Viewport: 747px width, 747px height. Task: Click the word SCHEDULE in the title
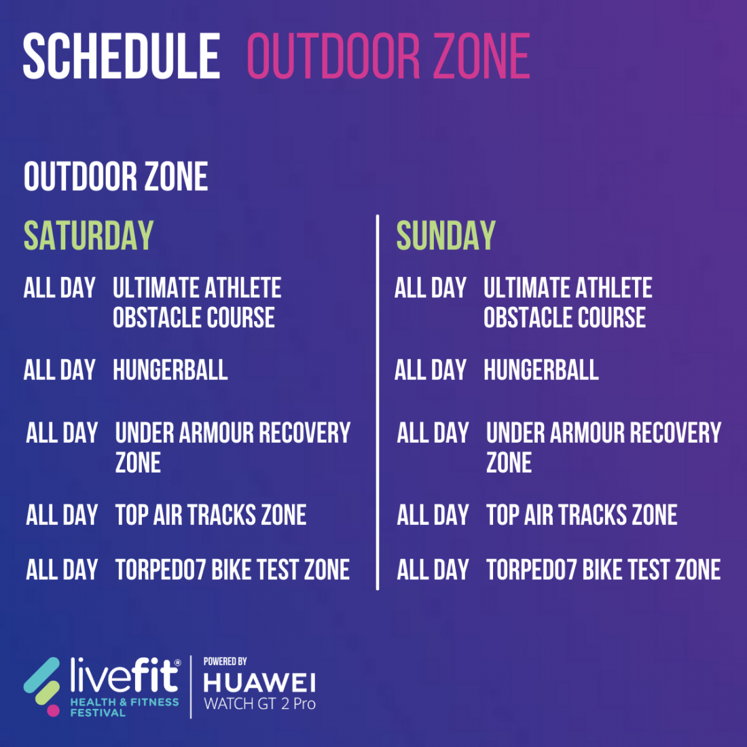coord(122,56)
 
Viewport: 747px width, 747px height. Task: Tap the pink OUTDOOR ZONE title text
coord(388,56)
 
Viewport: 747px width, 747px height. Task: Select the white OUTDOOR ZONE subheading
coord(115,177)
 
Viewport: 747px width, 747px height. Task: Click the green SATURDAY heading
coord(88,236)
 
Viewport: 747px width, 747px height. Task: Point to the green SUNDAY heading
coord(446,236)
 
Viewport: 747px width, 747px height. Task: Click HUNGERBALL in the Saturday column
coord(170,370)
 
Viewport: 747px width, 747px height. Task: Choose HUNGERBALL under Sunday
coord(541,370)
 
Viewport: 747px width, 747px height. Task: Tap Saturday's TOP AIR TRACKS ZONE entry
coord(211,515)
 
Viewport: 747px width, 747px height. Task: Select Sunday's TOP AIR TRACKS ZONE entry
coord(582,515)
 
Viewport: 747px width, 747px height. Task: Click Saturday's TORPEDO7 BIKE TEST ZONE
coord(232,570)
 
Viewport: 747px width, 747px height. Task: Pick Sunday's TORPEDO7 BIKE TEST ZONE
coord(604,570)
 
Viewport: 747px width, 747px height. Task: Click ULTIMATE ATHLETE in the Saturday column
coord(197,288)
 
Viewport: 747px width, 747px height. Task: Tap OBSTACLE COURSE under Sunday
coord(564,318)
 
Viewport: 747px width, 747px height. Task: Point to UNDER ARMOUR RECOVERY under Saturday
coord(233,433)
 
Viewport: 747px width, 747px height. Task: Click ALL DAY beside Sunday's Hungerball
coord(430,370)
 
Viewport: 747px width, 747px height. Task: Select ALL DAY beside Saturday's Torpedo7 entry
coord(62,570)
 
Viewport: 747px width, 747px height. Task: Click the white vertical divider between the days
coord(378,403)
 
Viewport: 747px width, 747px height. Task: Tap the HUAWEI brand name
coord(259,683)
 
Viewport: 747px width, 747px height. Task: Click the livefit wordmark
coord(125,674)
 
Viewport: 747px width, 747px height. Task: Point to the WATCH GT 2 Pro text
coord(259,704)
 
